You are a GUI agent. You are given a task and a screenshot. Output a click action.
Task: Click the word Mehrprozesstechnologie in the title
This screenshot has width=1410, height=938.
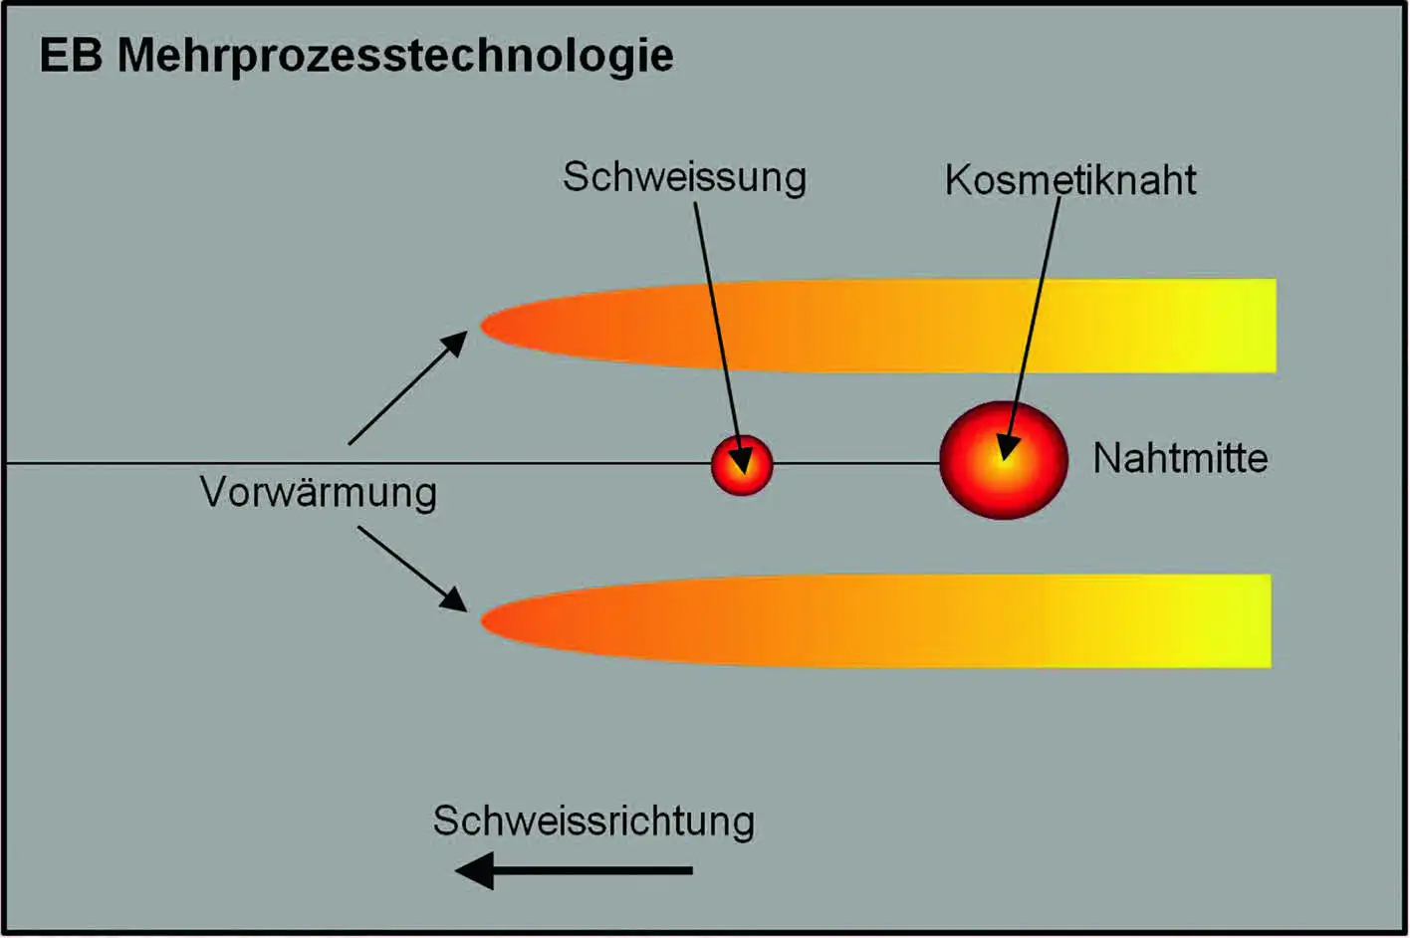(395, 57)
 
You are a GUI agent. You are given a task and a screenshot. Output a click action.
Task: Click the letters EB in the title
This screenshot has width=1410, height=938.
(71, 56)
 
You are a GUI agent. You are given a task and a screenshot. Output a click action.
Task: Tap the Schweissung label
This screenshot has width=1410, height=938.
(684, 177)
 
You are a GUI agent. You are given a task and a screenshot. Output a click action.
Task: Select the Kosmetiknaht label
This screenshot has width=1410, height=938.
(1070, 180)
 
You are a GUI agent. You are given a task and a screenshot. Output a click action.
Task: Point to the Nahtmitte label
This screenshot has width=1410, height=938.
(1180, 458)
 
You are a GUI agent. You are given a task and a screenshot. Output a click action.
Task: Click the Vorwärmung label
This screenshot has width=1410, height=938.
(319, 492)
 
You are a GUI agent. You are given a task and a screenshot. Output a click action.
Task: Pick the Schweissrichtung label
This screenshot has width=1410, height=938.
(593, 821)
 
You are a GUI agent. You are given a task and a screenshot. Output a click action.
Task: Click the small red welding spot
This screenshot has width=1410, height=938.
(742, 465)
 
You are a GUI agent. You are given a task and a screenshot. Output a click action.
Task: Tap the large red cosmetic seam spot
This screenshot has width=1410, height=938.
(1004, 460)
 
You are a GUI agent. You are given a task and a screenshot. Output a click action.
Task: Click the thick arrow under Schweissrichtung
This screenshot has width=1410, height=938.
(574, 870)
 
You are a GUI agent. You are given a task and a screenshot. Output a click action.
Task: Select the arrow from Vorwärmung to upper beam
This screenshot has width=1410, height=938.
(408, 387)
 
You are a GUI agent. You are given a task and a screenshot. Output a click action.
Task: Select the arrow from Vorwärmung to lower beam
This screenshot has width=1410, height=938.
(412, 570)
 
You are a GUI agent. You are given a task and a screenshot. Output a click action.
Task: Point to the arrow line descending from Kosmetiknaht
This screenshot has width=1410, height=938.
(1030, 329)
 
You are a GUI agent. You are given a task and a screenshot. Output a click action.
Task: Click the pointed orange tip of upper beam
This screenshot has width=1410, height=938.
(482, 326)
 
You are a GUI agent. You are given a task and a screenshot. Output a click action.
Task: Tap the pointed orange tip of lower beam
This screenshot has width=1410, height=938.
(482, 620)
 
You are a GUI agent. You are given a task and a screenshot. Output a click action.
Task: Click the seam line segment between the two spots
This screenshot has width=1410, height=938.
(856, 464)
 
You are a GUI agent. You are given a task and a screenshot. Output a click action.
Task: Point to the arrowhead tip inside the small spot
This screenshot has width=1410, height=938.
(744, 474)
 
